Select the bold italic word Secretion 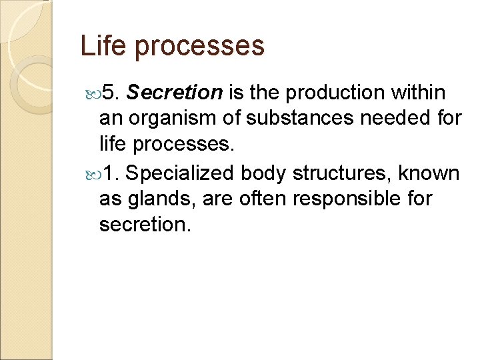pyautogui.click(x=174, y=93)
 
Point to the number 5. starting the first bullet pyautogui.click(x=108, y=93)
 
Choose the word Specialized pyautogui.click(x=179, y=173)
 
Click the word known pyautogui.click(x=431, y=173)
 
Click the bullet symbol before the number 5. pyautogui.click(x=93, y=93)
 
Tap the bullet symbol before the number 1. pyautogui.click(x=93, y=174)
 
